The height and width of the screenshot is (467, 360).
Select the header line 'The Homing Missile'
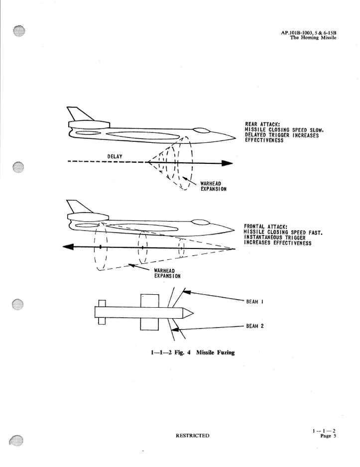(313, 38)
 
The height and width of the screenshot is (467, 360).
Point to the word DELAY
(116, 156)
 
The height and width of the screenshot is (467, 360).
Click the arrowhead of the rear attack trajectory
(227, 163)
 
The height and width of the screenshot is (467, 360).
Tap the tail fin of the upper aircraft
(77, 115)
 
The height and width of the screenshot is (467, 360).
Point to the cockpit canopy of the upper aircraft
(201, 131)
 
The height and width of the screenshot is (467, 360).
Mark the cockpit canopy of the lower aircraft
(201, 223)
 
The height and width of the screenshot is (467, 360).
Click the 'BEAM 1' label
(254, 302)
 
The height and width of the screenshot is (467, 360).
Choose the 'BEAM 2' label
(254, 326)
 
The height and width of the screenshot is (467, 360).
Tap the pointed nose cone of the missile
(187, 313)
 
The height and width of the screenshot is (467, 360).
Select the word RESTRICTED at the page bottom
(193, 436)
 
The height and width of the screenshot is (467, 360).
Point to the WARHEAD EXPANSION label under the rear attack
(214, 187)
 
